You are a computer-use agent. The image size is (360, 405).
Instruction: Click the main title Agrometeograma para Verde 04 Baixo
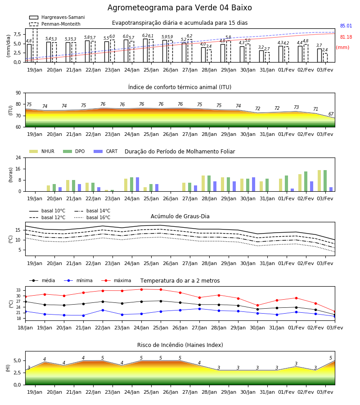180,8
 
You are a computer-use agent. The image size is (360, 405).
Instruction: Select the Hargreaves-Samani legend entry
57,17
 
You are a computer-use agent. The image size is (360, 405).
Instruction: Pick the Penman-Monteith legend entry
55,24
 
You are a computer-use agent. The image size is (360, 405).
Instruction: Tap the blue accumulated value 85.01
346,26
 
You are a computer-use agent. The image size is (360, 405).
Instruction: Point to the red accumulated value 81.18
346,37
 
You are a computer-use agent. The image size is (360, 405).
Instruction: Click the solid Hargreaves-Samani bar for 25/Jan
145,50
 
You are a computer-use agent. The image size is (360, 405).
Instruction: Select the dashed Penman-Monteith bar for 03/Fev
325,58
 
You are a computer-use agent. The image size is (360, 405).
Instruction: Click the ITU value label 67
331,114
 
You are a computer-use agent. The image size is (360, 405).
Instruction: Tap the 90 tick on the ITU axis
18,93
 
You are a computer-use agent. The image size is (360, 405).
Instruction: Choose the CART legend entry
105,151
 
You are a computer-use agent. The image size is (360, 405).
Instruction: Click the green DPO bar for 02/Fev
306,182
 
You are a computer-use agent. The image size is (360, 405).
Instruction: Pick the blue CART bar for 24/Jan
137,184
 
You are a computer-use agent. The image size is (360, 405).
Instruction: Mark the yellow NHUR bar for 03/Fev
319,181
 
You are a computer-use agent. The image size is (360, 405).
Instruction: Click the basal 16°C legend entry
92,217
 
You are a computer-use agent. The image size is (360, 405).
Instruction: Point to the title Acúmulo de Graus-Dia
180,216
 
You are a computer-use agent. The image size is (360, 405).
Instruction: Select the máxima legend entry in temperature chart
116,280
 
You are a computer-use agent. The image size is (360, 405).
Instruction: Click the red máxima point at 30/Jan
257,305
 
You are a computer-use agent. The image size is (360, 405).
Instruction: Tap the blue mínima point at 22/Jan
103,310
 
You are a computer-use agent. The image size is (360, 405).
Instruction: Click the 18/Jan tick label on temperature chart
25,328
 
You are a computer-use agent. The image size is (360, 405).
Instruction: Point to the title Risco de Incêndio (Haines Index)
180,345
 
